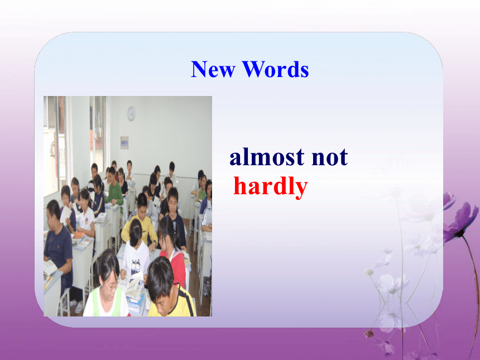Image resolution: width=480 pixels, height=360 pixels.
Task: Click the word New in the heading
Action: coord(213,69)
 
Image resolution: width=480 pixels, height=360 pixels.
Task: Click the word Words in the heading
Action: coord(276,69)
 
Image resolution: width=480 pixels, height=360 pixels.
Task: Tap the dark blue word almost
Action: coord(267,157)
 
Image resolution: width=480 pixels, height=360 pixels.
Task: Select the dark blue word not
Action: coord(330,157)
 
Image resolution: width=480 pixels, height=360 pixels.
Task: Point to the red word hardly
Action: coord(271,187)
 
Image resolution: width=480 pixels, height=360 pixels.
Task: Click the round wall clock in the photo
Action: coord(131,113)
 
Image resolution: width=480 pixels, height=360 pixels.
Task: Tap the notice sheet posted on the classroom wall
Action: coord(124,142)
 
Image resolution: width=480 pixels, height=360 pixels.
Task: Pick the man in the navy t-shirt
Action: coord(59,248)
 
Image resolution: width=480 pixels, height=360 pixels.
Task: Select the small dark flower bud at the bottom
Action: coord(369,333)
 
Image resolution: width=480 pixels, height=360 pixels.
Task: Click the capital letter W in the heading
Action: coord(255,69)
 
